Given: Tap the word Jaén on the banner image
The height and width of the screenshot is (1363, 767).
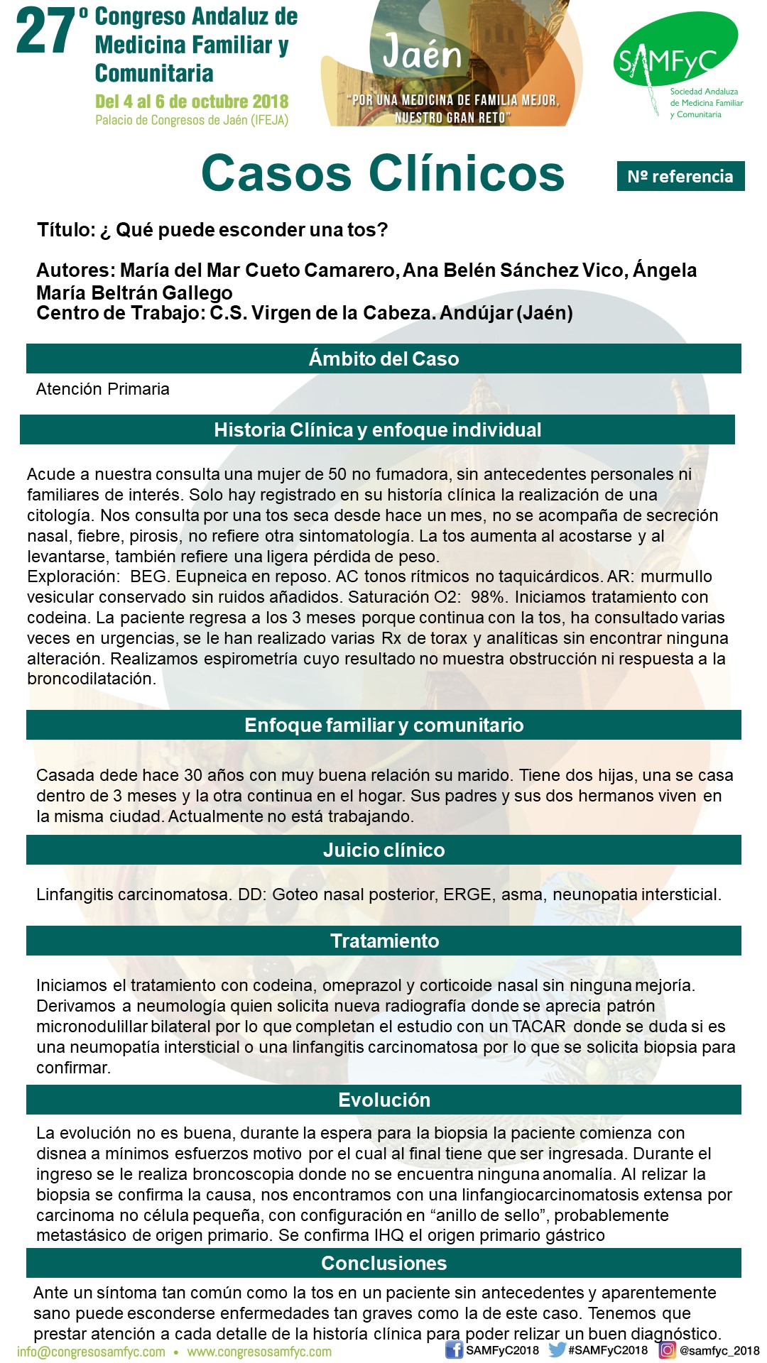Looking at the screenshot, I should (422, 53).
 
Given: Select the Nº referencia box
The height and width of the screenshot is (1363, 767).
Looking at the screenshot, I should (680, 176).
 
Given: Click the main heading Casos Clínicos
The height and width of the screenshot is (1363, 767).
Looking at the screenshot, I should (383, 173).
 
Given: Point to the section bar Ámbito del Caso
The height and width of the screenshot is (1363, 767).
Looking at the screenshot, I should (383, 358).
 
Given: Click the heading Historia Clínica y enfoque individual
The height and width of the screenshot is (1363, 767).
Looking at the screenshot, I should (377, 429).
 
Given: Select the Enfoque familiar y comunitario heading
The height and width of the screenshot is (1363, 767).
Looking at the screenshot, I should (383, 725).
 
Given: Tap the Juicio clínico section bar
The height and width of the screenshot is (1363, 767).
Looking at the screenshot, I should (383, 850).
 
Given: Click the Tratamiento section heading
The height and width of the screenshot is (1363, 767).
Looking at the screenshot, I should (383, 941).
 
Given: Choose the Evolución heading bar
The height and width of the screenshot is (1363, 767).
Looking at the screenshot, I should (383, 1100).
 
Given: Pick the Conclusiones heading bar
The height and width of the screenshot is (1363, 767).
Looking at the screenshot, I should (383, 1263).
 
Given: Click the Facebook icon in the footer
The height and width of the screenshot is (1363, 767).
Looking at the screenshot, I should (454, 1350).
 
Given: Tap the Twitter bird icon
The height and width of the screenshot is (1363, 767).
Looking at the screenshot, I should (557, 1350).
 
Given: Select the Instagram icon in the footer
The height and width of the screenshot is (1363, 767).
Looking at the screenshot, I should (668, 1350).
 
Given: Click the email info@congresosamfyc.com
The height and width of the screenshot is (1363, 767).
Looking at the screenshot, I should (91, 1352).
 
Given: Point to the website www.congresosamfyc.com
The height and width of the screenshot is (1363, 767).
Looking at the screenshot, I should (259, 1352).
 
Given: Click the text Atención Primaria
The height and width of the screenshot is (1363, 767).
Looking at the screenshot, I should (103, 389).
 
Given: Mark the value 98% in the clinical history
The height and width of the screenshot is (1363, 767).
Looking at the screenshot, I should (487, 597).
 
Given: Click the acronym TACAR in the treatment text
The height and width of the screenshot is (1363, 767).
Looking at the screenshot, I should (539, 1027).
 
